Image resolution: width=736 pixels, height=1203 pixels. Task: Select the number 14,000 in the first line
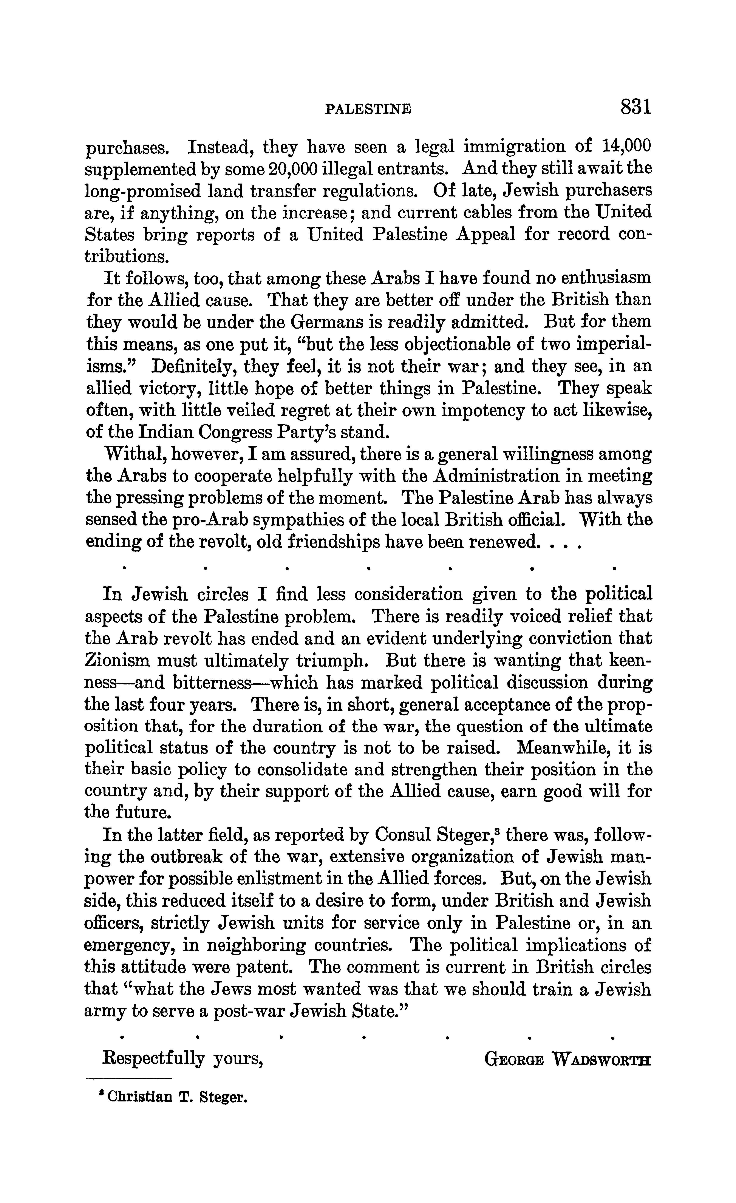pos(627,147)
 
